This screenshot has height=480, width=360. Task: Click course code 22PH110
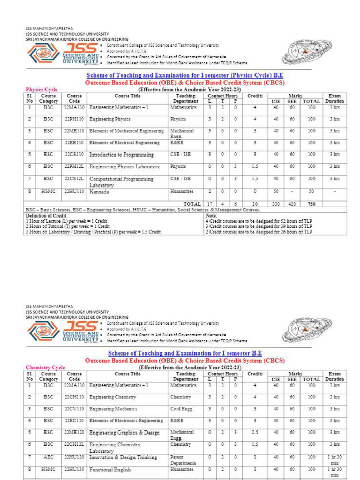74,119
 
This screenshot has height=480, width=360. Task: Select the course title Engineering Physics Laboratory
124,166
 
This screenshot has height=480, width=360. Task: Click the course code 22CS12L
74,179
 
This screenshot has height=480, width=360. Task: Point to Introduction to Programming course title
121,155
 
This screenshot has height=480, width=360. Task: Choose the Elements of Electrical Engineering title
124,142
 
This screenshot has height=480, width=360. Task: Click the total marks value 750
311,204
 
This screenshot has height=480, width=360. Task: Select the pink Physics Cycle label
42,89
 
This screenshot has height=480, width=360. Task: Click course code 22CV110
74,409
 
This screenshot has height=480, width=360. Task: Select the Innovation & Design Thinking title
123,457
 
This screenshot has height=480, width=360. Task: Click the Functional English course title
110,470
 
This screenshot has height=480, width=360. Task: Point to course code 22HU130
74,470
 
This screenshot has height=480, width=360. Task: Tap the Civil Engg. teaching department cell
181,409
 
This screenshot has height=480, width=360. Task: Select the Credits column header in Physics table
255,96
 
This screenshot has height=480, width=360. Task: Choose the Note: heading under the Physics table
211,215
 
